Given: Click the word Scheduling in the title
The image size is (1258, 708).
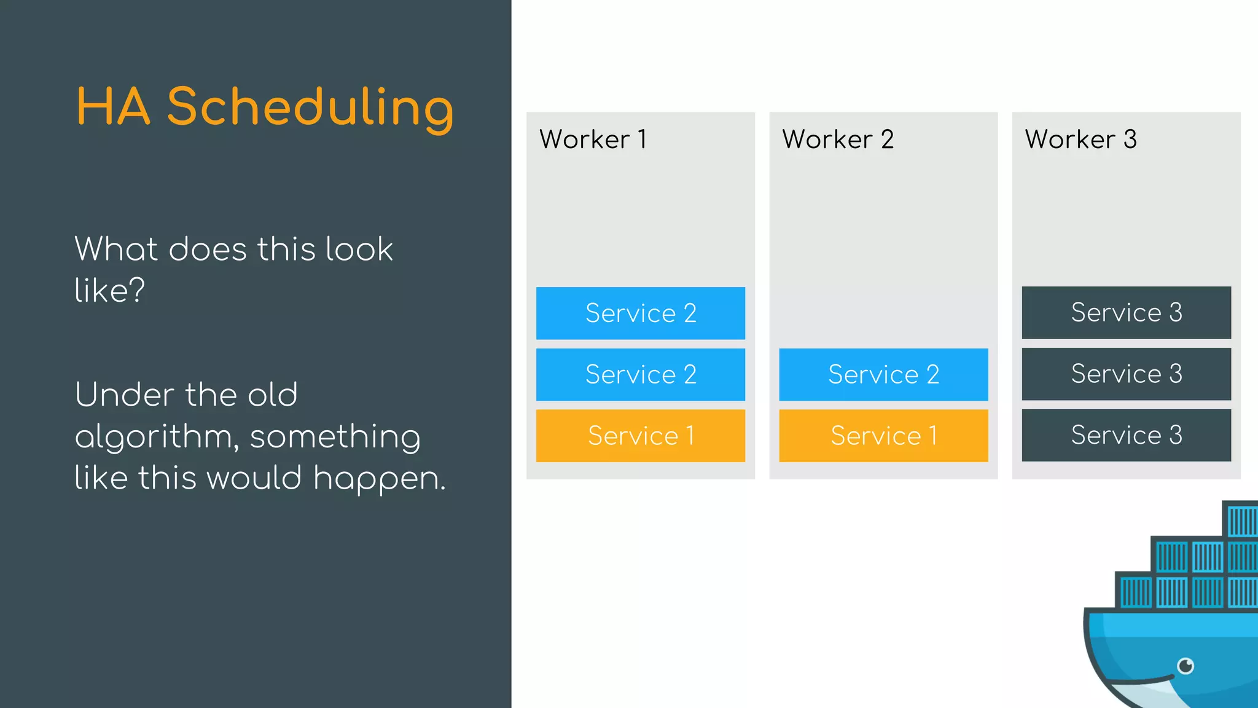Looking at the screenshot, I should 310,108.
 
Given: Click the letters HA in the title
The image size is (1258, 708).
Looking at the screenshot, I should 113,108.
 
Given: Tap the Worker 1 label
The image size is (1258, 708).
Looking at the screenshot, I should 593,140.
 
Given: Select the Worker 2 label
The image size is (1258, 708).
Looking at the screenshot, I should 837,140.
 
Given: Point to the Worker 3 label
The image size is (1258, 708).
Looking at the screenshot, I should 1080,140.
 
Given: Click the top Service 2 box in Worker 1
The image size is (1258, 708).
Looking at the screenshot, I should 640,313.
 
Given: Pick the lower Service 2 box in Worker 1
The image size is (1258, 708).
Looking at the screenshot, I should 640,374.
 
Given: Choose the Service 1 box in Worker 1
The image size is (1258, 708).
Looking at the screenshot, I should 640,436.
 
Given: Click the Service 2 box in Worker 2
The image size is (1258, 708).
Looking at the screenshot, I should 883,374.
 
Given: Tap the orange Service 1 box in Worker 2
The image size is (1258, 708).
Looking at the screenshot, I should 883,436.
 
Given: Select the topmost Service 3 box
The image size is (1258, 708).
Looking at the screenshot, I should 1126,312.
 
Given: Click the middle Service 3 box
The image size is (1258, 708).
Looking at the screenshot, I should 1126,374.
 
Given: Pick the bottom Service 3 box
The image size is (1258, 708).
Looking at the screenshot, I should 1126,435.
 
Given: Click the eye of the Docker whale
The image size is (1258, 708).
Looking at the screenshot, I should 1186,666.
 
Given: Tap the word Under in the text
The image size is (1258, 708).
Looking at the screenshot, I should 123,395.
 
